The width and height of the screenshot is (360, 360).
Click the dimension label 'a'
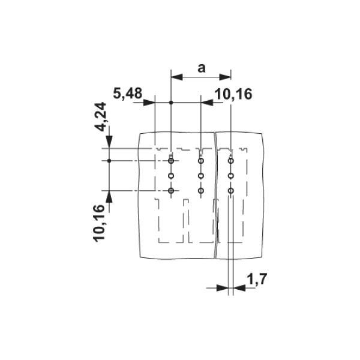(x=202, y=68)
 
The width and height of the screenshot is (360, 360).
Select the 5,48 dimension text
(x=127, y=93)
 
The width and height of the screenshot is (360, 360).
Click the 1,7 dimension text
(x=256, y=279)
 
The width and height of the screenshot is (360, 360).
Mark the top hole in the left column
(x=171, y=161)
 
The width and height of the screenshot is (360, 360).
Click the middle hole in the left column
(x=171, y=176)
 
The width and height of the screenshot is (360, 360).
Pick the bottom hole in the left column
(x=171, y=191)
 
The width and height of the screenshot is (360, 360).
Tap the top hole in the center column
(x=201, y=161)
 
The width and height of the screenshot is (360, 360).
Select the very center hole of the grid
(x=201, y=176)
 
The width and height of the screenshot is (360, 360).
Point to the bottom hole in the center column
(x=201, y=191)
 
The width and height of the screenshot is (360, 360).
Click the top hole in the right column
(x=230, y=161)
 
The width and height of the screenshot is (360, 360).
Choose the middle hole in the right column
(x=230, y=176)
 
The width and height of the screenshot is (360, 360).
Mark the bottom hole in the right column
(x=230, y=191)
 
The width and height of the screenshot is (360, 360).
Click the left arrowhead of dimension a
(x=176, y=76)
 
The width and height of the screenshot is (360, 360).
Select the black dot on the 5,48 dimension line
(x=171, y=103)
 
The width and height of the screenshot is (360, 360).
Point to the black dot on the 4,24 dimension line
(x=109, y=161)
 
